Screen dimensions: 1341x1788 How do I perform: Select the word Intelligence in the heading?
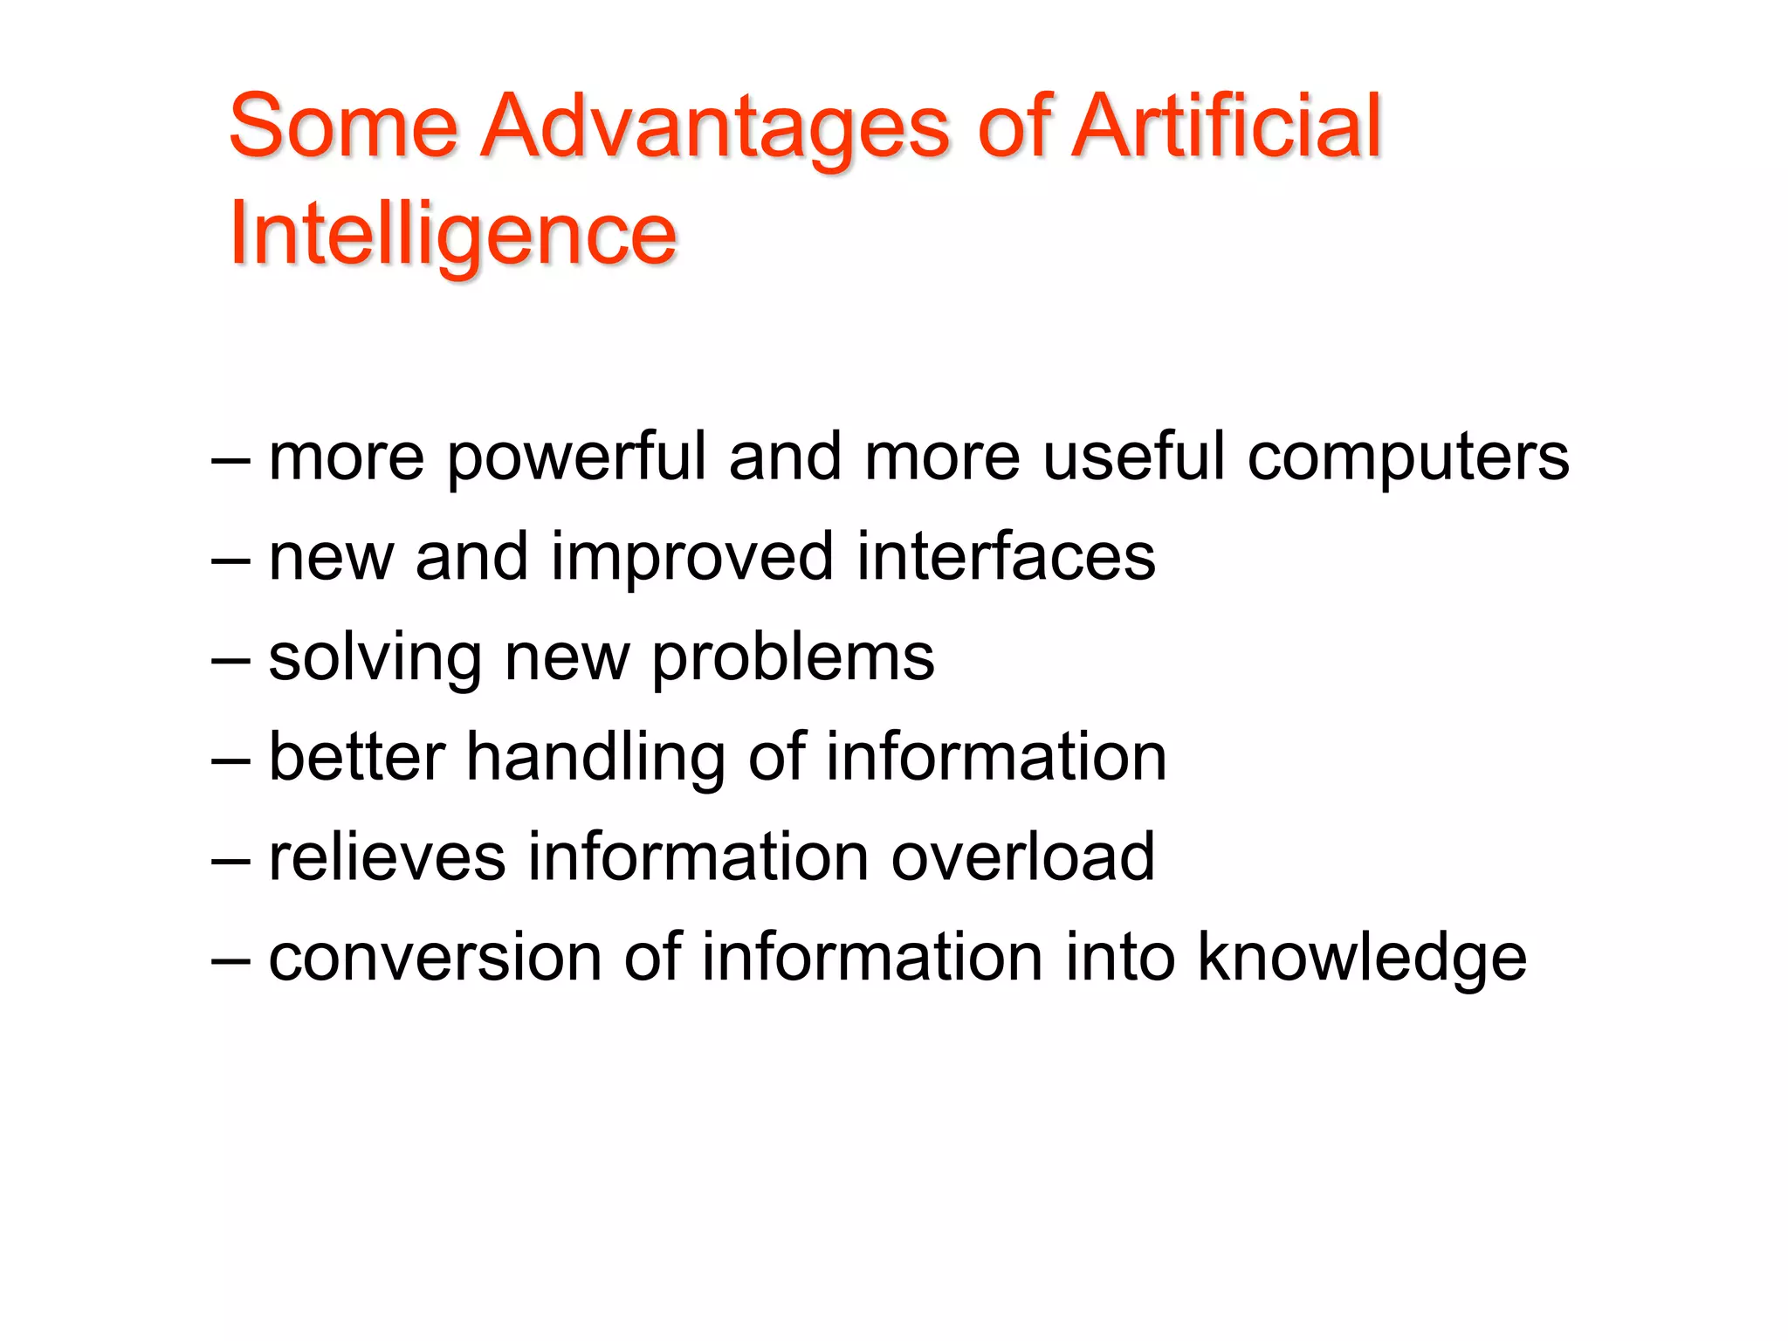point(452,234)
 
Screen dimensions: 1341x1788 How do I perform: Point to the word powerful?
point(577,457)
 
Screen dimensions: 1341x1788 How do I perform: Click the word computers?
point(1407,457)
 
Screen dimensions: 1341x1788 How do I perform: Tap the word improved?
point(692,557)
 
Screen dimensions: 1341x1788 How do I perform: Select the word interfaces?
point(1006,556)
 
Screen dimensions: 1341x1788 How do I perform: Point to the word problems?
point(793,658)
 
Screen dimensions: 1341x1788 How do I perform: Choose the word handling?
point(595,758)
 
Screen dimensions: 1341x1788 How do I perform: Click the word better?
point(357,757)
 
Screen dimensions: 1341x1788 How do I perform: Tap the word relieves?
point(387,856)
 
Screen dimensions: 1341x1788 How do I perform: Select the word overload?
point(1022,856)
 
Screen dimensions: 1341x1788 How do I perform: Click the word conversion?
point(435,958)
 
